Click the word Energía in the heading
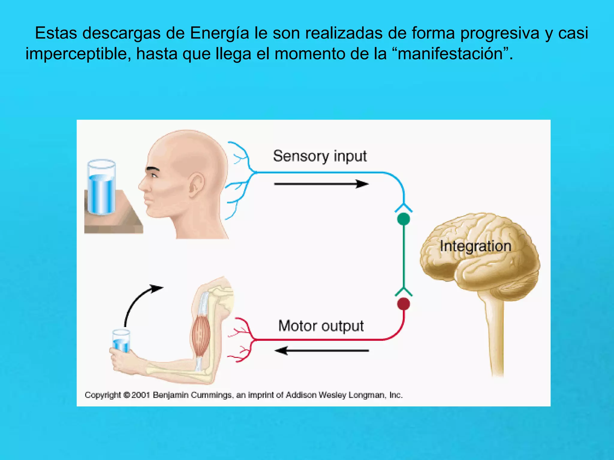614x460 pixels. pyautogui.click(x=219, y=33)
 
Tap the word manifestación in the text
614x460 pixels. pyautogui.click(x=450, y=54)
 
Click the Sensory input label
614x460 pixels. pyautogui.click(x=320, y=156)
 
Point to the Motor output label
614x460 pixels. pyautogui.click(x=321, y=326)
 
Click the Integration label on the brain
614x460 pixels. pyautogui.click(x=475, y=246)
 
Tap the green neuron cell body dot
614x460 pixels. pyautogui.click(x=403, y=219)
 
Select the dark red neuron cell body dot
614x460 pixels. pyautogui.click(x=403, y=304)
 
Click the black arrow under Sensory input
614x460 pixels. pyautogui.click(x=321, y=184)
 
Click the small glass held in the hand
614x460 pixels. pyautogui.click(x=121, y=341)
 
